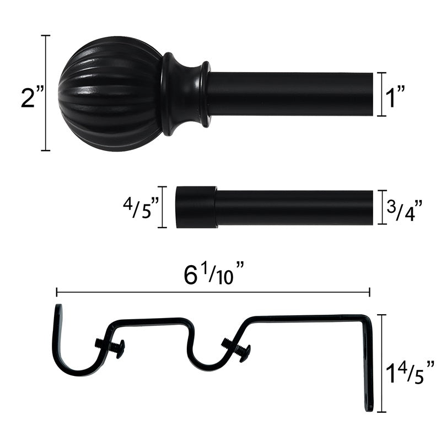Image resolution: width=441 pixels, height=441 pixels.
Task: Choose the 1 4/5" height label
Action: point(410,370)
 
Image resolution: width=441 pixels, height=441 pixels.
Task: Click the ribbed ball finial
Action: point(110,86)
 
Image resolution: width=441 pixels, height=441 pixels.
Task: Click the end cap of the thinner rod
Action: point(196,207)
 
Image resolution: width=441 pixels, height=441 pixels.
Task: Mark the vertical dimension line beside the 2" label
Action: point(46,93)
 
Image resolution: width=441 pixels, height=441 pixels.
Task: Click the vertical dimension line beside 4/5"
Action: point(163,207)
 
